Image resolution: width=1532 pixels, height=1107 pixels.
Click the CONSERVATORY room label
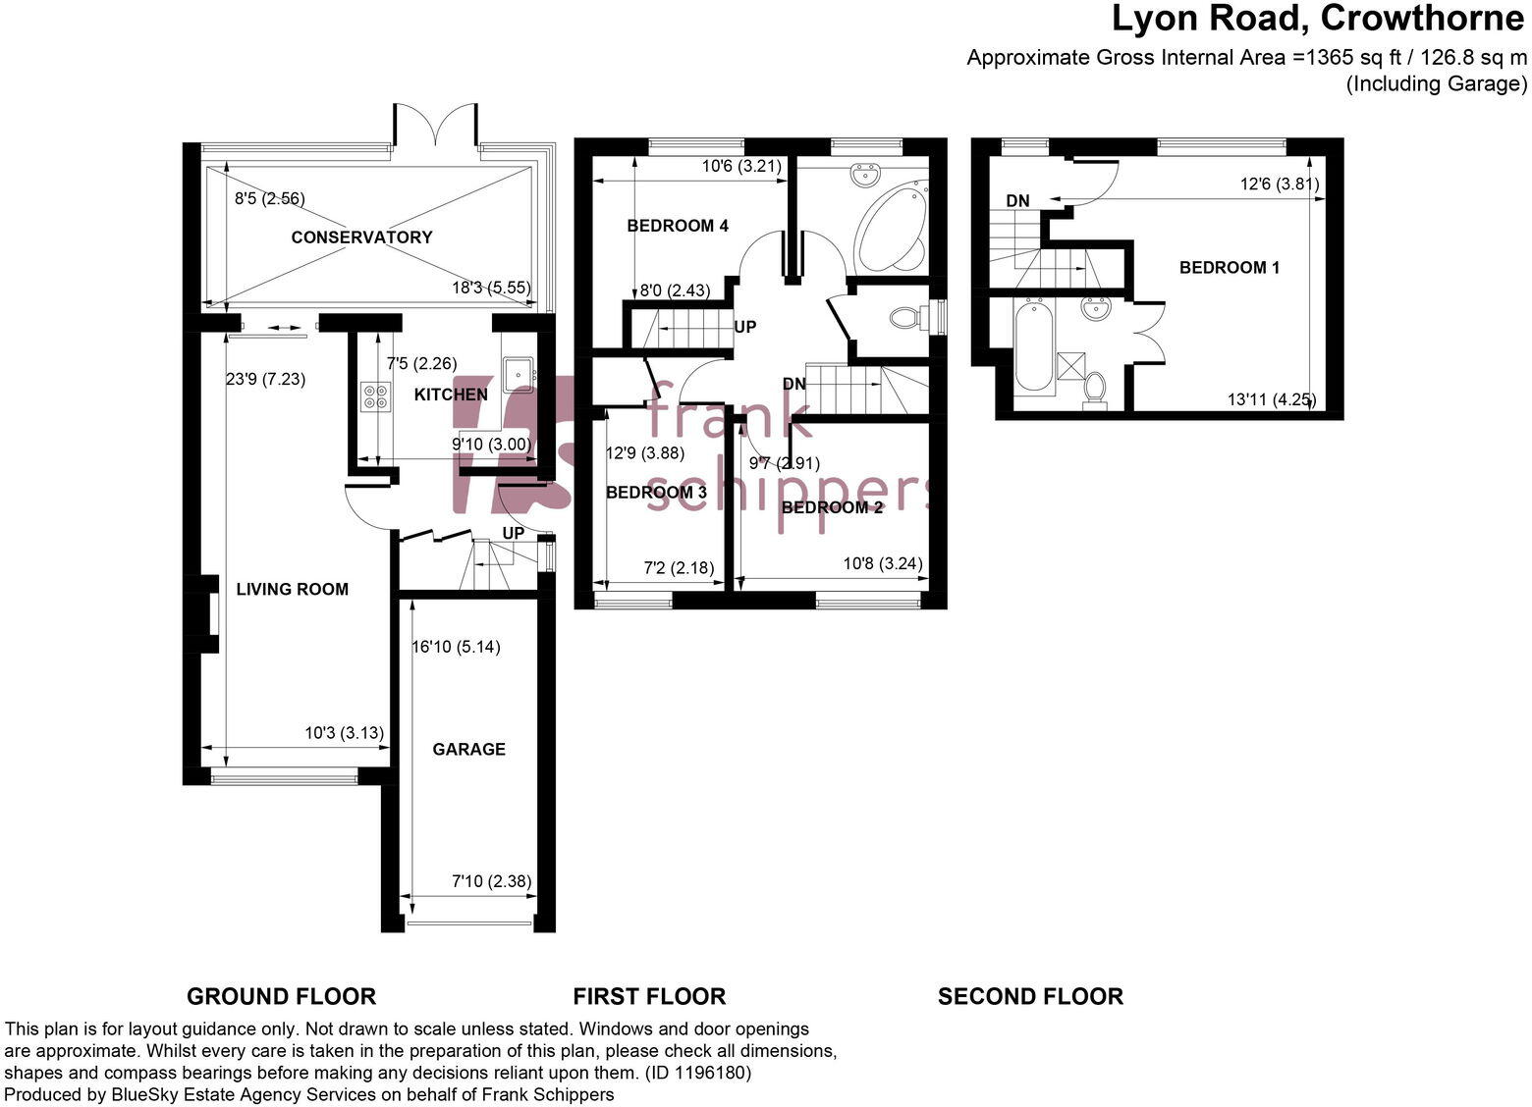pyautogui.click(x=361, y=237)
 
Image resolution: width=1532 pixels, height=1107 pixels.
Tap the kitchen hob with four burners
pyautogui.click(x=374, y=395)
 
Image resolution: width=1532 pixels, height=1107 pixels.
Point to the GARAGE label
pyautogui.click(x=468, y=749)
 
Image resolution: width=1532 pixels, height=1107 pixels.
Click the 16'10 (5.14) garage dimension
pyautogui.click(x=455, y=646)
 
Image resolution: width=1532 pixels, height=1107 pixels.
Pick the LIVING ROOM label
pyautogui.click(x=292, y=589)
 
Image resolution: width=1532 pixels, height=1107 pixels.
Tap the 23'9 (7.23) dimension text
pyautogui.click(x=265, y=379)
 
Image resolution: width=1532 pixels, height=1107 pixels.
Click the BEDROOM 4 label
pyautogui.click(x=678, y=226)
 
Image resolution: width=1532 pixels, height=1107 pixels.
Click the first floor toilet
pyautogui.click(x=905, y=318)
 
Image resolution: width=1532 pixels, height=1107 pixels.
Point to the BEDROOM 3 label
pyautogui.click(x=656, y=492)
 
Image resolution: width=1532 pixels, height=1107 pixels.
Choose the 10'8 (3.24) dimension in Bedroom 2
pyautogui.click(x=882, y=563)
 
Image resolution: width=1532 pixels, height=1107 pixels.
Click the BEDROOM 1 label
pyautogui.click(x=1229, y=267)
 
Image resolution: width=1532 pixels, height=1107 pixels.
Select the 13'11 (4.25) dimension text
pyautogui.click(x=1271, y=399)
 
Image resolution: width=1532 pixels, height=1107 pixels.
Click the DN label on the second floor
pyautogui.click(x=1017, y=201)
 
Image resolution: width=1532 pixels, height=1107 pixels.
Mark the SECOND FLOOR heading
pyautogui.click(x=1029, y=996)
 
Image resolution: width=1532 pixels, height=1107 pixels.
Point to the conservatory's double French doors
pyautogui.click(x=436, y=128)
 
